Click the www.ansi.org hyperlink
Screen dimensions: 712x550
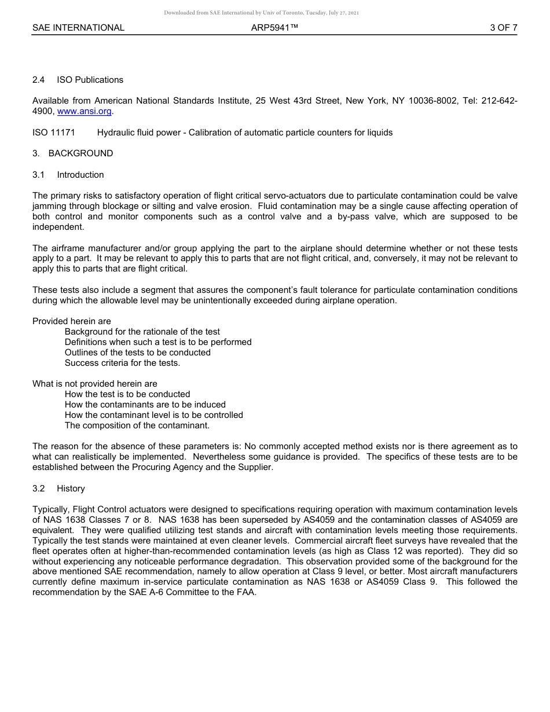pos(84,111)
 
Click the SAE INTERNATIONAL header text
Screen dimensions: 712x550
pos(78,28)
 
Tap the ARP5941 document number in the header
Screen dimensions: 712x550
pos(274,28)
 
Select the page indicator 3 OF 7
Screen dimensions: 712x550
pos(503,28)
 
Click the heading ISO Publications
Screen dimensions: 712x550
pos(90,80)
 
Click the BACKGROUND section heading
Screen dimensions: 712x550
pos(80,153)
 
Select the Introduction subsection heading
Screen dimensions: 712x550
pos(80,175)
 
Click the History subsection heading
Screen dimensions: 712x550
pos(71,489)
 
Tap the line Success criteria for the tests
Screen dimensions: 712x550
pos(122,363)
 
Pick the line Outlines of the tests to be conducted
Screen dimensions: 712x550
pos(137,353)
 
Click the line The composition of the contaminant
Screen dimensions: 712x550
pos(137,425)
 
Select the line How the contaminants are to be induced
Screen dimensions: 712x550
pos(145,405)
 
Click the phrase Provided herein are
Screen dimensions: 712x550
pos(72,321)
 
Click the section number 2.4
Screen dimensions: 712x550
pos(38,80)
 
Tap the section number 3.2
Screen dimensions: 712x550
pos(38,489)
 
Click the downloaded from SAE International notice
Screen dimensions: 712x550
pos(261,13)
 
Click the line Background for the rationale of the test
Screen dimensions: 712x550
pos(142,332)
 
